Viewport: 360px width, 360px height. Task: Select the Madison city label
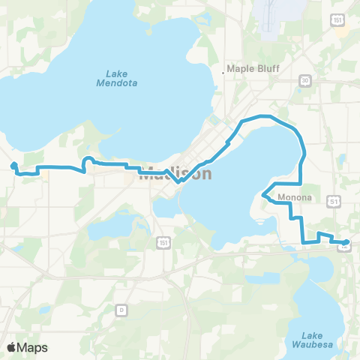(176, 173)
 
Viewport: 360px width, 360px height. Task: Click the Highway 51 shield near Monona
(334, 201)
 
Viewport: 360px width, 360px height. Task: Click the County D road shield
(121, 308)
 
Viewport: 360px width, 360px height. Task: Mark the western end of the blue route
(14, 166)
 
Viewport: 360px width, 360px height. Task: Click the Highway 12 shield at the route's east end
(343, 247)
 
